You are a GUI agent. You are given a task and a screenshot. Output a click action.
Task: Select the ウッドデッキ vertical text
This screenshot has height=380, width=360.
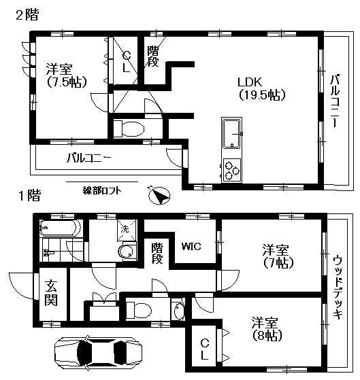pyautogui.click(x=338, y=287)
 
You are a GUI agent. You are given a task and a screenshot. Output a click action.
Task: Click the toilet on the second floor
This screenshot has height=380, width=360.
pyautogui.click(x=129, y=128)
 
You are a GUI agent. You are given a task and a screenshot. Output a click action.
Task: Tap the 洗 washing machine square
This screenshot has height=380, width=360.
pyautogui.click(x=125, y=229)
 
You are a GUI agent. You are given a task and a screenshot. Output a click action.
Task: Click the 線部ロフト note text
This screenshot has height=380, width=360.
pyautogui.click(x=103, y=190)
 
